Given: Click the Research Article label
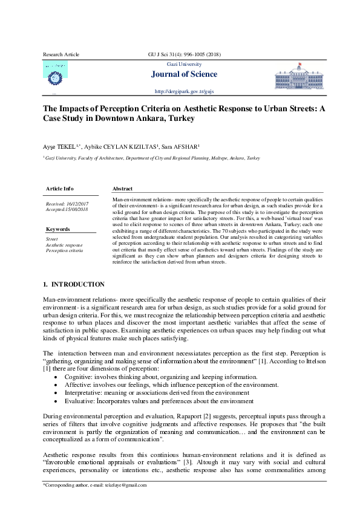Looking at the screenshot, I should point(61,54).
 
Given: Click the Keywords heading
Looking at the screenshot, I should point(57,229).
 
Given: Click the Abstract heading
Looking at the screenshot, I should point(123,189).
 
